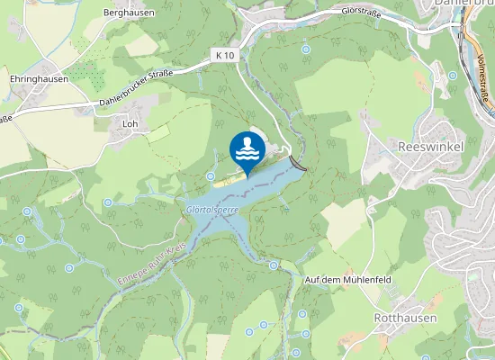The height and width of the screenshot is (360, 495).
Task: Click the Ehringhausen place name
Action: [40, 79]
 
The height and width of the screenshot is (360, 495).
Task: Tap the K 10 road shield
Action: [225, 55]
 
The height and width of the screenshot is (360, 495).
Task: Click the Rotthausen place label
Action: [405, 318]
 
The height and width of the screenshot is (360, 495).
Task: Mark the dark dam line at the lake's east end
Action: [298, 164]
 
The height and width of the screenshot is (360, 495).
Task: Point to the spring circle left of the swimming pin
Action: [211, 175]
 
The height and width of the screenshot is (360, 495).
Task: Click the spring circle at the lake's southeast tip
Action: [273, 265]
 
